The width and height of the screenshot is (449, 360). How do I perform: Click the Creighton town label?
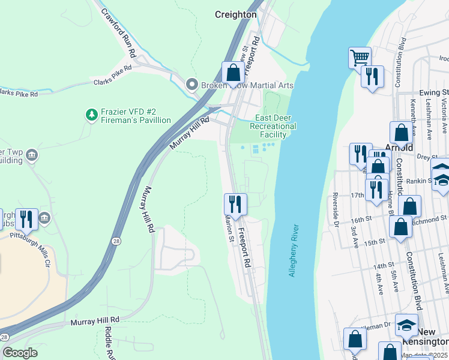(x=236, y=14)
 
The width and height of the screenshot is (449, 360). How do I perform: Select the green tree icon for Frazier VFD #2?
(x=91, y=113)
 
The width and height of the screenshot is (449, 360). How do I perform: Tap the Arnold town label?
(x=399, y=148)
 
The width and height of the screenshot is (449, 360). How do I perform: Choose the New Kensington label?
(x=433, y=337)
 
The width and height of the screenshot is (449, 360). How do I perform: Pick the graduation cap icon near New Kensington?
(x=406, y=325)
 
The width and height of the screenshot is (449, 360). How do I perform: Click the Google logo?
(x=19, y=353)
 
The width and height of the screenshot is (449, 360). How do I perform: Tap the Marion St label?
(x=229, y=227)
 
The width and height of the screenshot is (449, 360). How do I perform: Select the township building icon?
(x=32, y=156)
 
